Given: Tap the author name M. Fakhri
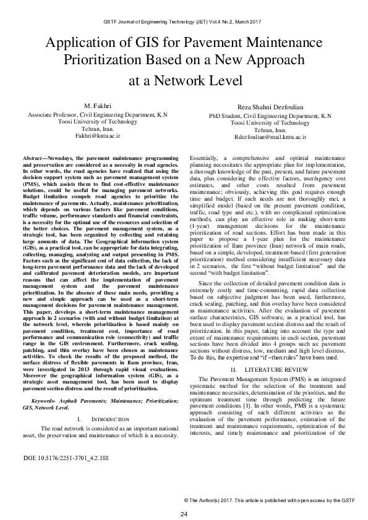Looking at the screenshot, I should pyautogui.click(x=96, y=107).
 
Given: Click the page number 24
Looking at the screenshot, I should pyautogui.click(x=184, y=514).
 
